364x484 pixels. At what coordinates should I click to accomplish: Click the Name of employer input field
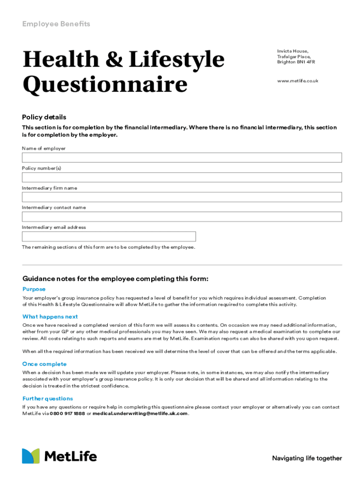pyautogui.click(x=182, y=157)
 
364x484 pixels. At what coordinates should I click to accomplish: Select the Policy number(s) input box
pyautogui.click(x=182, y=177)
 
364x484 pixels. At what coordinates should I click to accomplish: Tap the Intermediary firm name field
pyautogui.click(x=182, y=197)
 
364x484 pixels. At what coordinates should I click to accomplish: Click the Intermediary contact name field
pyautogui.click(x=182, y=216)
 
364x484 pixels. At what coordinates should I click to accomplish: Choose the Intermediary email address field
pyautogui.click(x=109, y=236)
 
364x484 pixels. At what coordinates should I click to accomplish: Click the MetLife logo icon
pyautogui.click(x=31, y=456)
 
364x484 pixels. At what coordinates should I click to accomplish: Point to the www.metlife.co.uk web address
pyautogui.click(x=297, y=81)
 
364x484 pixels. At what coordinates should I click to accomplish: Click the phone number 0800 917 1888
pyautogui.click(x=67, y=414)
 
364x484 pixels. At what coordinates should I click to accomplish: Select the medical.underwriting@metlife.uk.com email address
pyautogui.click(x=140, y=414)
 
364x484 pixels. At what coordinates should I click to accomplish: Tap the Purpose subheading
pyautogui.click(x=34, y=289)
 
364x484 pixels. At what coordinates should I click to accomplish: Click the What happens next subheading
pyautogui.click(x=50, y=317)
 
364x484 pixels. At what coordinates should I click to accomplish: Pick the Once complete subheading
pyautogui.click(x=44, y=364)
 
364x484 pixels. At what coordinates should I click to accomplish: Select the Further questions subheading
pyautogui.click(x=48, y=398)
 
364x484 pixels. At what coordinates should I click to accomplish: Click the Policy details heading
pyautogui.click(x=44, y=117)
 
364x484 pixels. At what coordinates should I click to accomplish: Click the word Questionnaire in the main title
pyautogui.click(x=104, y=85)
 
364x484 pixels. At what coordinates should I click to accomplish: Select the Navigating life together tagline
pyautogui.click(x=307, y=458)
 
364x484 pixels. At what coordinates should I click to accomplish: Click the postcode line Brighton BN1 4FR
pyautogui.click(x=296, y=62)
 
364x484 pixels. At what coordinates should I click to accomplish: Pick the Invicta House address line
pyautogui.click(x=293, y=51)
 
